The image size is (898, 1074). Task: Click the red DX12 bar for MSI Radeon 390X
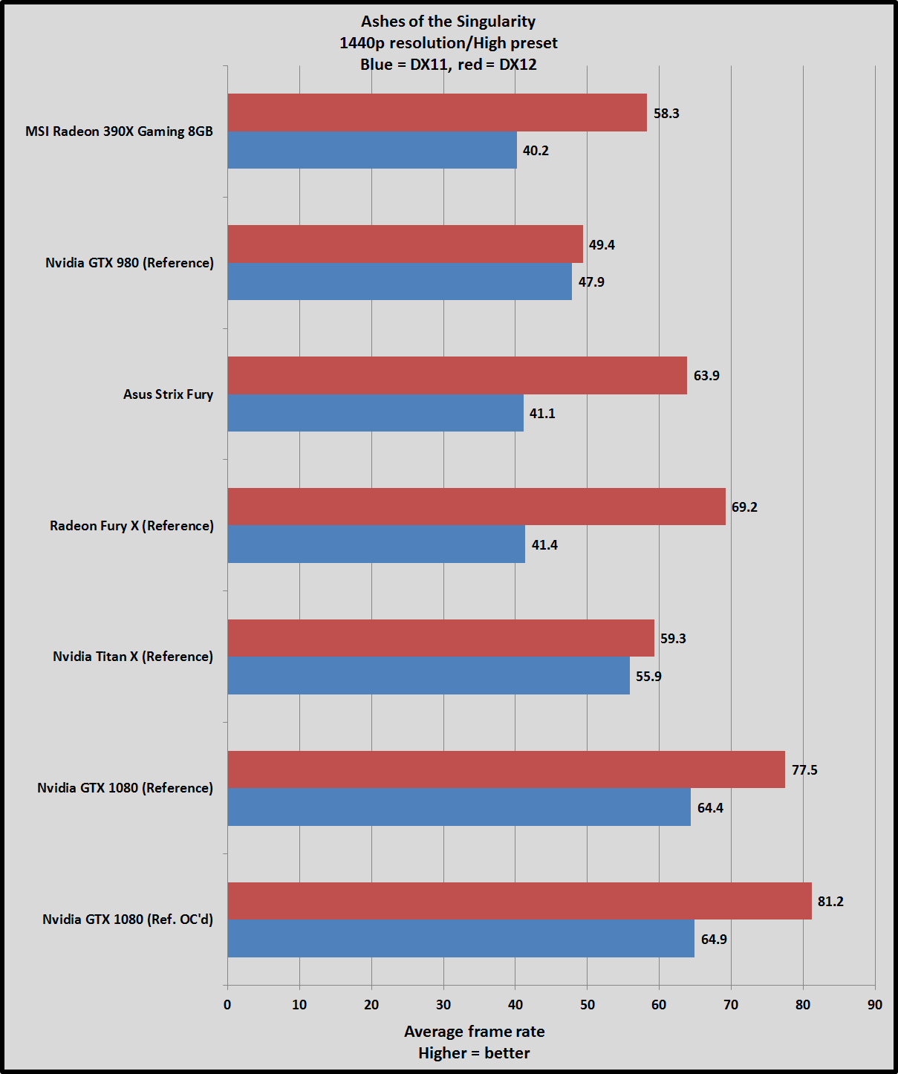pos(437,112)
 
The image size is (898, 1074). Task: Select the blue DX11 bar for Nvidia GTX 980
pos(400,281)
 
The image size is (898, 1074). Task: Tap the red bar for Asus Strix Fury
pos(457,375)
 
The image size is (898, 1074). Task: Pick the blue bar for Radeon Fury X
pos(376,544)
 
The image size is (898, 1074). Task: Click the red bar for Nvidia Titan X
pos(440,638)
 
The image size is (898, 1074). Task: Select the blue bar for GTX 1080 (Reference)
pos(459,807)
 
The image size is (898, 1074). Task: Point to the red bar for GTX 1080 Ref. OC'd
pos(519,901)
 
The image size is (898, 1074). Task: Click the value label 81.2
pos(830,902)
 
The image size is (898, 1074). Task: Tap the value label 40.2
pos(536,151)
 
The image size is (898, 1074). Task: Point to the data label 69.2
pos(744,507)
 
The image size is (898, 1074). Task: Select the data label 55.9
pos(648,677)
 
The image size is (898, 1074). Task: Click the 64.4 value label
pos(710,808)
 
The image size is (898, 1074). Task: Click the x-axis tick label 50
pos(588,1005)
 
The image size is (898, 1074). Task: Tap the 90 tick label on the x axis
pos(875,1005)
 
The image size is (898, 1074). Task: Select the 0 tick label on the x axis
pos(227,1005)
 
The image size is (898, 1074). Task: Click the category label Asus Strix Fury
pos(168,394)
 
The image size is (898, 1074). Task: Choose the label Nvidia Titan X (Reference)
pos(133,657)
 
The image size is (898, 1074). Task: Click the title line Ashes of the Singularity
pos(448,22)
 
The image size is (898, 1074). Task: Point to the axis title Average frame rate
pos(475,1032)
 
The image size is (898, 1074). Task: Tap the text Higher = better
pos(474,1053)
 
